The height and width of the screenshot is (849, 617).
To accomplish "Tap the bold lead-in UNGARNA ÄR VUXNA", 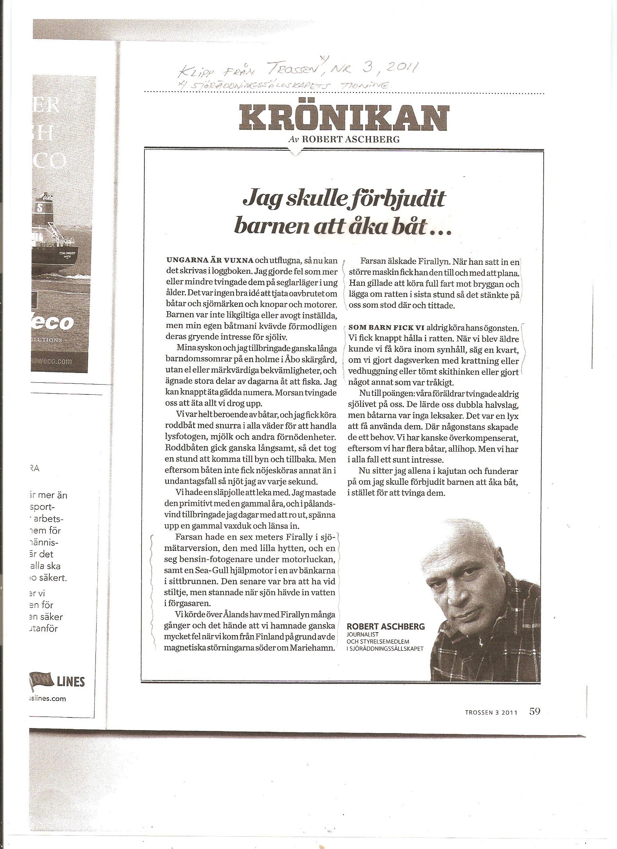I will coord(210,260).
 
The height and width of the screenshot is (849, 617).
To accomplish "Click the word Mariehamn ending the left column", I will coord(316,648).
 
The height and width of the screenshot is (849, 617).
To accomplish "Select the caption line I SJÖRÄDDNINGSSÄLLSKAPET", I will coord(385,648).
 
